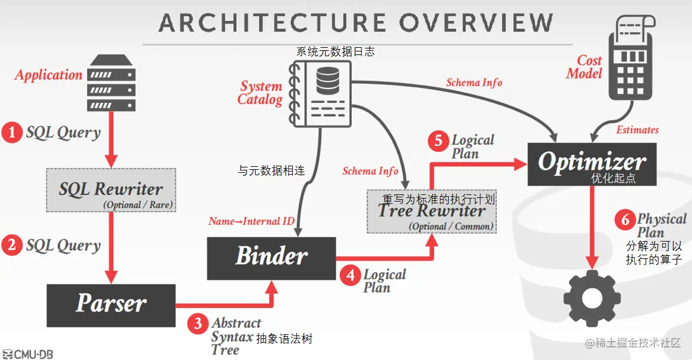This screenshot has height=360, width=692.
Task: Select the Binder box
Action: (x=271, y=258)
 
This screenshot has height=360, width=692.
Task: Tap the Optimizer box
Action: (x=592, y=163)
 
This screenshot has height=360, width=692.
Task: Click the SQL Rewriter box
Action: (x=111, y=190)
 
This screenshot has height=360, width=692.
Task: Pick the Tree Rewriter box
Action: (x=431, y=212)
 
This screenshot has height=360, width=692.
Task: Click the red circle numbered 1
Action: (x=11, y=132)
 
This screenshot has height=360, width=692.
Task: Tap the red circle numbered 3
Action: (x=198, y=324)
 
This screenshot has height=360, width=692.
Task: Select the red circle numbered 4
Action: (x=350, y=275)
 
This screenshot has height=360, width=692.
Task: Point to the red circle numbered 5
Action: (x=438, y=141)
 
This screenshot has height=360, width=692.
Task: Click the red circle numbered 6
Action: (x=624, y=219)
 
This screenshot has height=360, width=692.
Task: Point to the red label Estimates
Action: (x=638, y=130)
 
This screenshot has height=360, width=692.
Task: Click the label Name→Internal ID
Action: (x=252, y=221)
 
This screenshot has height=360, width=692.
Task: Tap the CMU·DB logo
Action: (x=28, y=354)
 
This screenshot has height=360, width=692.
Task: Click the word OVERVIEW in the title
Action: (x=476, y=23)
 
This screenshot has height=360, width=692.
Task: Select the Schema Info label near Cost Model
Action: (x=474, y=83)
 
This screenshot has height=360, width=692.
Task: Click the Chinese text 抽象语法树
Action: (x=284, y=339)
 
